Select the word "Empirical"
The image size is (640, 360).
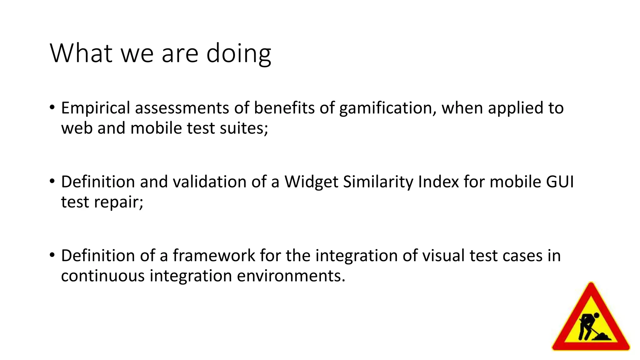click(x=95, y=108)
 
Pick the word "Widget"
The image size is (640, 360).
click(x=311, y=182)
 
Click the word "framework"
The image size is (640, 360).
click(x=214, y=256)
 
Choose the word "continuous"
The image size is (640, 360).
click(x=103, y=276)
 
